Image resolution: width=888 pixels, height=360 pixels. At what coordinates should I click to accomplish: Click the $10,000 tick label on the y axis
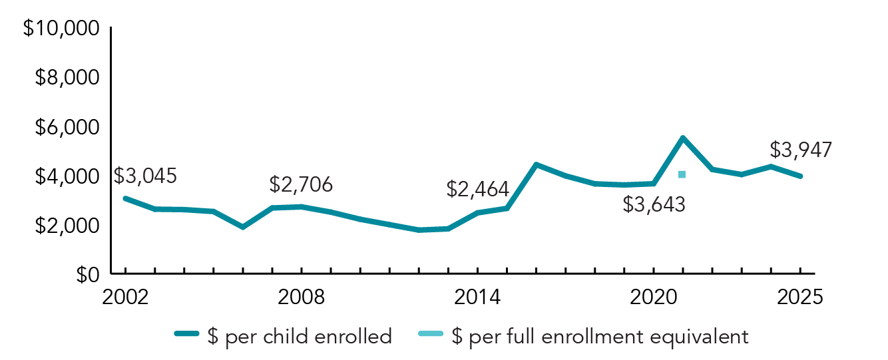[61, 29]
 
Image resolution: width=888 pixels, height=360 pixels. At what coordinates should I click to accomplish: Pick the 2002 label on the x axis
[125, 297]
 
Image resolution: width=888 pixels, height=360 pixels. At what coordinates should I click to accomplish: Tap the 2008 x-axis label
[302, 297]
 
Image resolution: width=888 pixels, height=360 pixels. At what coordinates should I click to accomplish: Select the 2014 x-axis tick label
[477, 297]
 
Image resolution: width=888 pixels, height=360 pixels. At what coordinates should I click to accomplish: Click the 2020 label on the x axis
[653, 297]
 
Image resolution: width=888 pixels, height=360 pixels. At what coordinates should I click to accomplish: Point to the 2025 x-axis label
[799, 297]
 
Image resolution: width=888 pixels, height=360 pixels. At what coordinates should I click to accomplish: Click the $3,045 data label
[145, 176]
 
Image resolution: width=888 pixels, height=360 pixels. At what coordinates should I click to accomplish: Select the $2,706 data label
[301, 184]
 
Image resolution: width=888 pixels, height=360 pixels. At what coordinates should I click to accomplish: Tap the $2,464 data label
[477, 190]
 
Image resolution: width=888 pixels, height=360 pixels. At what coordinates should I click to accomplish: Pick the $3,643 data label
[654, 204]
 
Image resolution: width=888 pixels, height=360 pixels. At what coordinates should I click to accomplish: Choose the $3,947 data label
[800, 150]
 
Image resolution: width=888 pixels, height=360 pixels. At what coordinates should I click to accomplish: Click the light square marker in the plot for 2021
[682, 174]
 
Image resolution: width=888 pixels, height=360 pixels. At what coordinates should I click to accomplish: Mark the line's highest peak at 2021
[682, 138]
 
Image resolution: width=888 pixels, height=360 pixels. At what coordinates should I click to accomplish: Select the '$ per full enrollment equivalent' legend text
[599, 337]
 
